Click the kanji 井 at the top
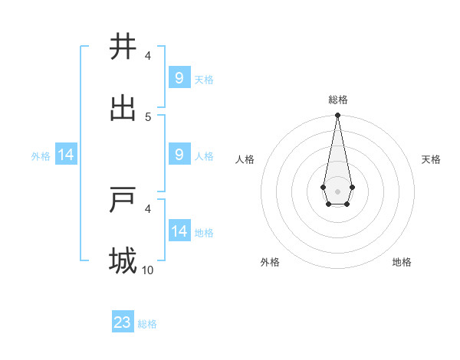click(123, 47)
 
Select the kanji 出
click(123, 108)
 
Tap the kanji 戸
click(123, 199)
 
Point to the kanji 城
click(123, 260)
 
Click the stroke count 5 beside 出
click(148, 116)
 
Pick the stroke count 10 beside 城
click(148, 270)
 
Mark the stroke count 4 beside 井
click(148, 55)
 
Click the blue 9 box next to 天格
click(179, 77)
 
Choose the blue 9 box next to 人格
click(179, 155)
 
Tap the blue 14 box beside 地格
click(179, 231)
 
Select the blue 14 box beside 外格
click(66, 155)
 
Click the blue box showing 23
click(123, 322)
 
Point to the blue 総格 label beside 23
click(147, 324)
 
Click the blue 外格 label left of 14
click(41, 155)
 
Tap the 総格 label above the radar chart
click(337, 100)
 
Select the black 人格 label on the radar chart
click(245, 159)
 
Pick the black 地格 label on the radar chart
click(402, 262)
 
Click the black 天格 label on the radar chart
click(431, 159)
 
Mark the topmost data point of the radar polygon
click(337, 116)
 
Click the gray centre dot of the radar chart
click(337, 190)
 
